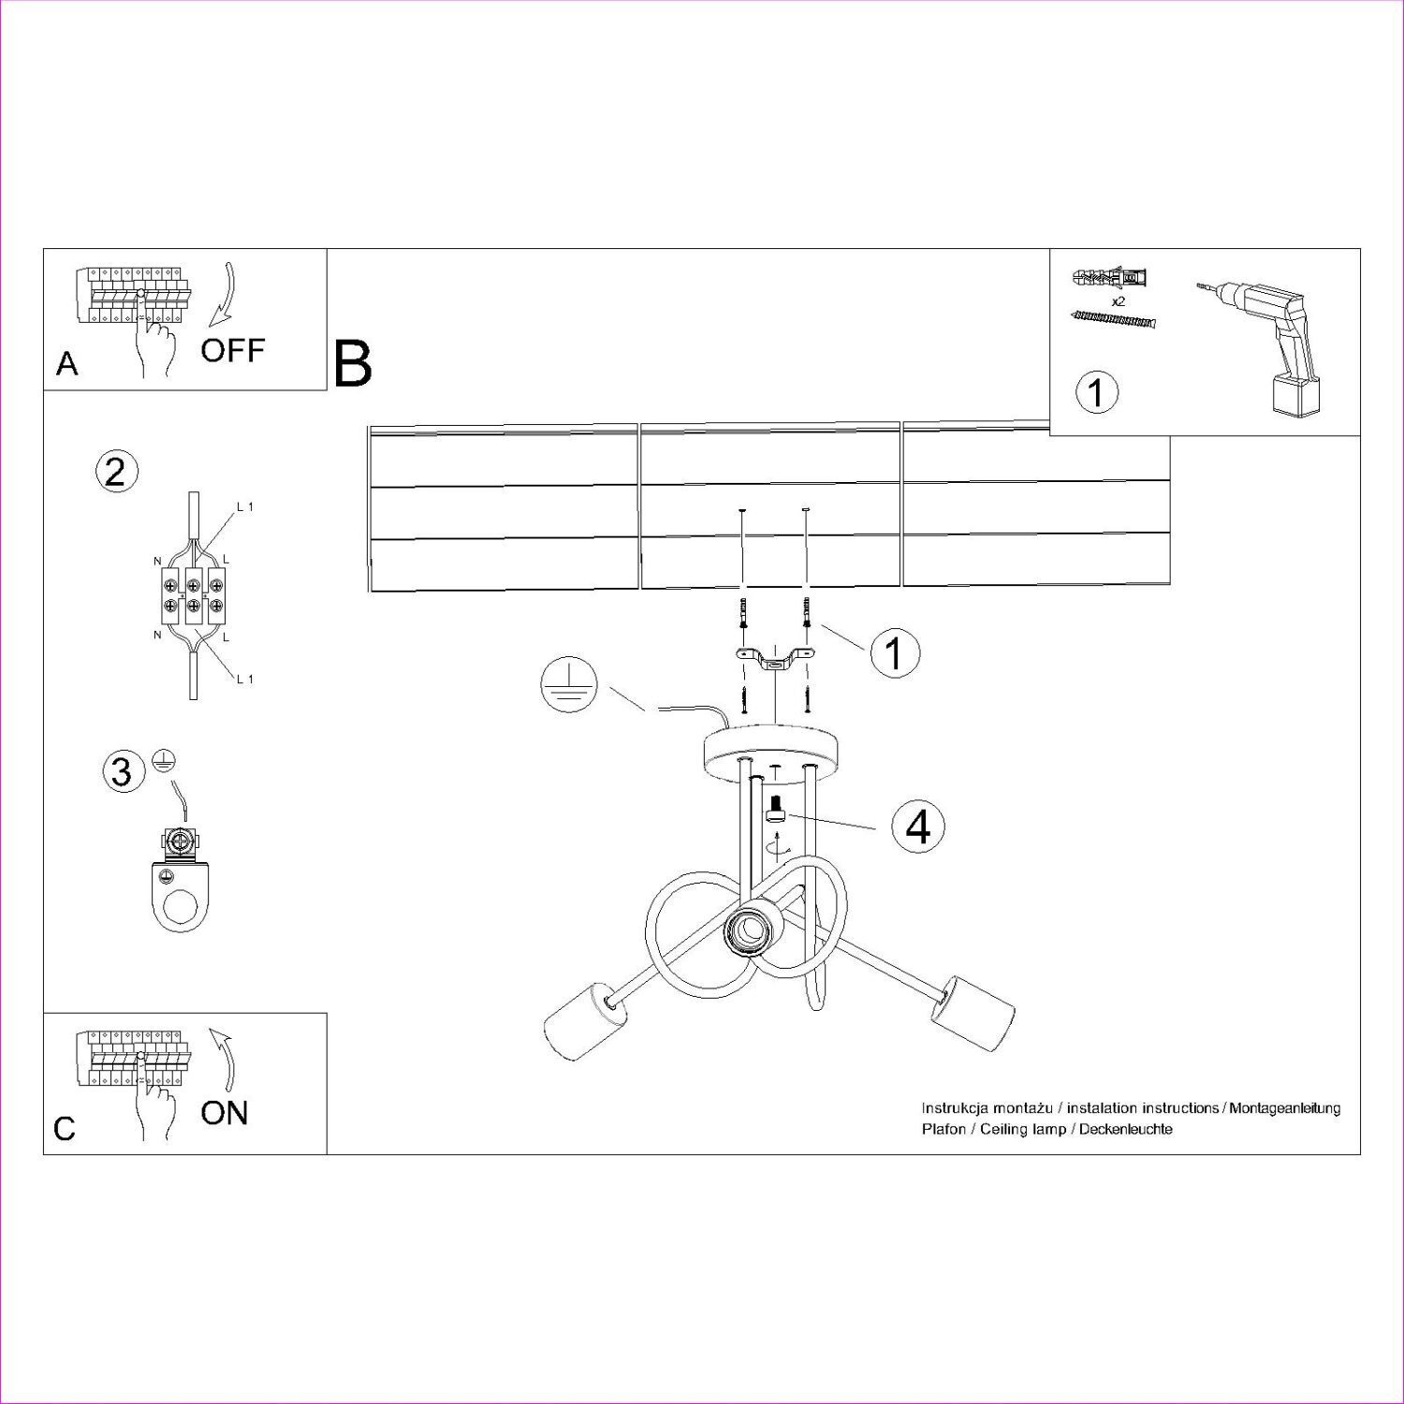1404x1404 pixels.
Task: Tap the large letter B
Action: (353, 364)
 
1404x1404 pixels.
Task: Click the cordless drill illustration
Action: (1272, 346)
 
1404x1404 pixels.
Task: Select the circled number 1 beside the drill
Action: (1096, 392)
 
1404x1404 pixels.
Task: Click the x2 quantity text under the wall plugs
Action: (1118, 302)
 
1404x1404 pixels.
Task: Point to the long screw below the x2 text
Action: (1115, 320)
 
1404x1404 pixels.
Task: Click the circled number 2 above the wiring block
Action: (117, 471)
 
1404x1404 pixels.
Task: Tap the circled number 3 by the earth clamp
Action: (122, 771)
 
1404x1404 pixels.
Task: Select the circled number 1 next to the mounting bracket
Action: (894, 652)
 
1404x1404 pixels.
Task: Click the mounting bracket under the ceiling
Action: (773, 659)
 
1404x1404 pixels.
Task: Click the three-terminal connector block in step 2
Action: (192, 595)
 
